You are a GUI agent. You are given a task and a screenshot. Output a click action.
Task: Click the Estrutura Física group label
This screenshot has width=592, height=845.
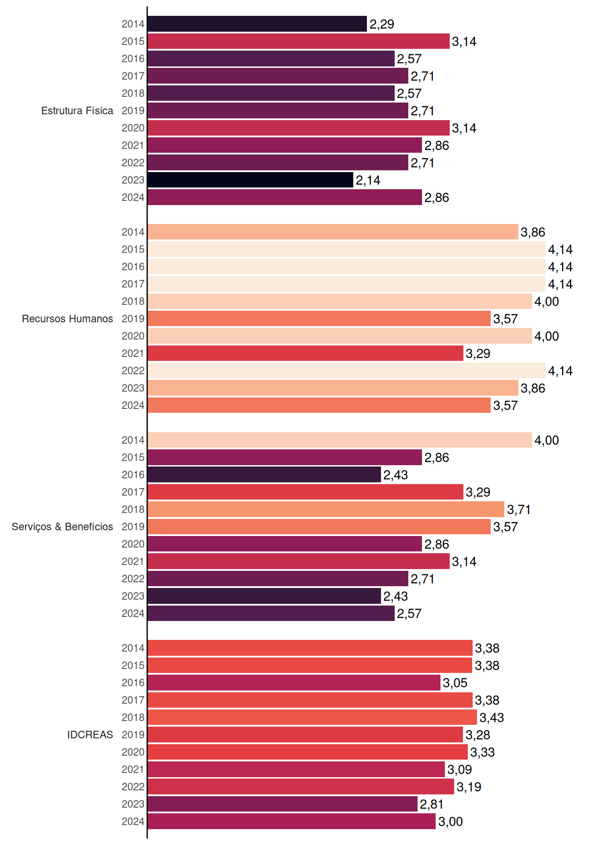pyautogui.click(x=77, y=110)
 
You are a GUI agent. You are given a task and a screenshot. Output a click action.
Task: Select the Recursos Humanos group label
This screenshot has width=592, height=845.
pyautogui.click(x=67, y=319)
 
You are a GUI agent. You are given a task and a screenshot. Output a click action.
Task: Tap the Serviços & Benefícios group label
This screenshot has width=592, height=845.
pyautogui.click(x=62, y=526)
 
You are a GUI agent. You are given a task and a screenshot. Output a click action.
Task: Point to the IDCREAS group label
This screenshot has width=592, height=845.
pyautogui.click(x=90, y=735)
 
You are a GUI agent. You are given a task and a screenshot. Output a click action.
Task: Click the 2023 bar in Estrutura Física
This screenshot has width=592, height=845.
pyautogui.click(x=250, y=180)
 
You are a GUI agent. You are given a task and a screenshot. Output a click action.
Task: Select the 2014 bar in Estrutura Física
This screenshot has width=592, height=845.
pyautogui.click(x=257, y=24)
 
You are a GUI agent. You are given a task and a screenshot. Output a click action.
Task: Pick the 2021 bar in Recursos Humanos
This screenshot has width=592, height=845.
pyautogui.click(x=305, y=353)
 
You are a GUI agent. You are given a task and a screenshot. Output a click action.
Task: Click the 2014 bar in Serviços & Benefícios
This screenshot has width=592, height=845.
pyautogui.click(x=340, y=440)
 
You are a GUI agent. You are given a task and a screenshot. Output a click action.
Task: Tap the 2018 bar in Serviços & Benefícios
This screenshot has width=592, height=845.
pyautogui.click(x=326, y=509)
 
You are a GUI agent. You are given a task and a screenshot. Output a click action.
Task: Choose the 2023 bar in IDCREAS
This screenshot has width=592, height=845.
pyautogui.click(x=282, y=804)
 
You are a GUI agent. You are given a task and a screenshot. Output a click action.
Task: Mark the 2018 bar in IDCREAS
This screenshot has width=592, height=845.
pyautogui.click(x=312, y=717)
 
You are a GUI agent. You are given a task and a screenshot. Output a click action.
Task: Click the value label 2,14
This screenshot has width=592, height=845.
pyautogui.click(x=368, y=180)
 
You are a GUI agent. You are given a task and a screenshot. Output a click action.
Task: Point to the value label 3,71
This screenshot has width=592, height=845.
pyautogui.click(x=519, y=510)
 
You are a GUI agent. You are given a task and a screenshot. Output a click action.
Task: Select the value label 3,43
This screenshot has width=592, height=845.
pyautogui.click(x=492, y=718)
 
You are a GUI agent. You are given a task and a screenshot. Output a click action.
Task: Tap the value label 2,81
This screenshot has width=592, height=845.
pyautogui.click(x=432, y=805)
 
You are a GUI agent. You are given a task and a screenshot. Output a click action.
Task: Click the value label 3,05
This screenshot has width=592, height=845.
pyautogui.click(x=455, y=683)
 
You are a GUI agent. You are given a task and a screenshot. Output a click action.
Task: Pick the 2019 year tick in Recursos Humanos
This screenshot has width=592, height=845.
pyautogui.click(x=133, y=319)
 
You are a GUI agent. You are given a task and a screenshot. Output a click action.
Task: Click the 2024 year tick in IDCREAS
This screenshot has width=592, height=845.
pyautogui.click(x=133, y=821)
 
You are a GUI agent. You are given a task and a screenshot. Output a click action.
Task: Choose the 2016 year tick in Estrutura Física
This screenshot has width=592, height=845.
pyautogui.click(x=133, y=59)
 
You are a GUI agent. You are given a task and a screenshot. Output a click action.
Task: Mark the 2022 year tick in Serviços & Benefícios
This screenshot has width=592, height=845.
pyautogui.click(x=133, y=579)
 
